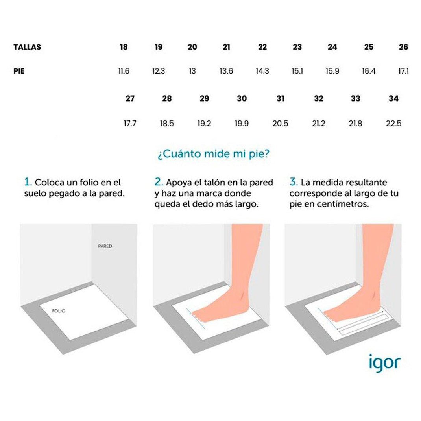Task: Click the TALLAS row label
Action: point(27,47)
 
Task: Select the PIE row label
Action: point(19,71)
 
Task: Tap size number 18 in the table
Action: point(124,47)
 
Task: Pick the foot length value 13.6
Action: point(226,71)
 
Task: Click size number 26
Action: point(403,47)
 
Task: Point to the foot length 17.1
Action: point(403,71)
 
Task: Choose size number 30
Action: point(242,99)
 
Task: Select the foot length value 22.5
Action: point(393,124)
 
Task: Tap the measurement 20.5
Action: point(280,124)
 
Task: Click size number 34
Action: point(393,99)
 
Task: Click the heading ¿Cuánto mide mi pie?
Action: point(214,154)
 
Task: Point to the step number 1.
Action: point(28,182)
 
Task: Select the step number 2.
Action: point(159,182)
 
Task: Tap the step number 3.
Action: point(294,182)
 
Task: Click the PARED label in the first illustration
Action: point(105,246)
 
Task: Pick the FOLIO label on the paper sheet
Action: point(59,311)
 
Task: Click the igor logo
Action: point(384,362)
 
